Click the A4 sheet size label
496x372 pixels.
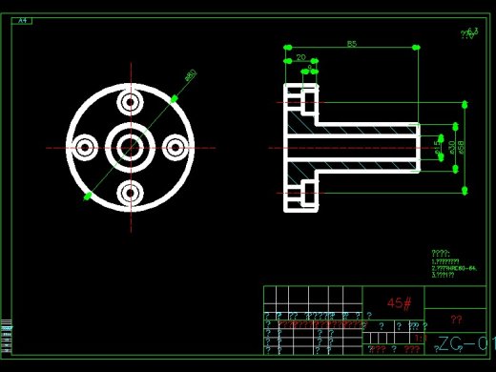pyautogui.click(x=24, y=20)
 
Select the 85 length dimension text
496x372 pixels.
pyautogui.click(x=352, y=44)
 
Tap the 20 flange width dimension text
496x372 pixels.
pyautogui.click(x=301, y=57)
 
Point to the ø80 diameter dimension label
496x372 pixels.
pyautogui.click(x=190, y=75)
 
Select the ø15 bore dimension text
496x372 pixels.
pyautogui.click(x=438, y=148)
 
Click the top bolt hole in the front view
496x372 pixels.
pyautogui.click(x=131, y=102)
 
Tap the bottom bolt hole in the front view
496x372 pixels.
pyautogui.click(x=131, y=193)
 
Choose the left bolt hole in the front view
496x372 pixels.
pyautogui.click(x=85, y=148)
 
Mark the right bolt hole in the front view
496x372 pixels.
pyautogui.click(x=176, y=148)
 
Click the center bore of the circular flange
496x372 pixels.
pyautogui.click(x=131, y=148)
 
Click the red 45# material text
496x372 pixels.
pyautogui.click(x=399, y=303)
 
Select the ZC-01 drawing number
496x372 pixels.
pyautogui.click(x=465, y=343)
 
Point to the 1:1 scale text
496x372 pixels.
pyautogui.click(x=420, y=338)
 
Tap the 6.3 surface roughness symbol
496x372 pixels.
pyautogui.click(x=469, y=32)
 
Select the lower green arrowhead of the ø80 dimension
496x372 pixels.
pyautogui.click(x=88, y=196)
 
